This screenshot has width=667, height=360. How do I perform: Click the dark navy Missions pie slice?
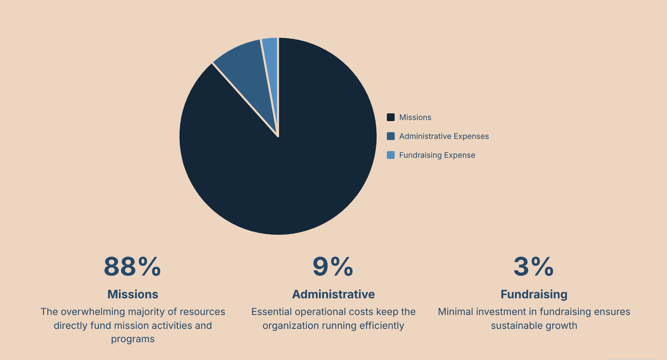coord(295,156)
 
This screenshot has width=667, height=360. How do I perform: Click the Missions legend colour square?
coord(390,117)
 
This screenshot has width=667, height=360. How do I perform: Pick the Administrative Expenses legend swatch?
coord(390,136)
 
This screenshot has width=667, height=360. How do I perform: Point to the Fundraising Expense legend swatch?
coord(390,155)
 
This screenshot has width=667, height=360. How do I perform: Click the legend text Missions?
coord(415,117)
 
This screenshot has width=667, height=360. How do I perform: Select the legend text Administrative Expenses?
coord(444,136)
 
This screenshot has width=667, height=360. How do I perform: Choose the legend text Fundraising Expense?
coord(437,155)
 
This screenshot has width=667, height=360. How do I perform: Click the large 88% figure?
coord(132,267)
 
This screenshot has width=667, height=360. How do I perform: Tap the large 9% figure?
coord(333,267)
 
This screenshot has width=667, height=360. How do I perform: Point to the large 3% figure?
coord(534,267)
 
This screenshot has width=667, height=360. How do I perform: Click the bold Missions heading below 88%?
coord(133,294)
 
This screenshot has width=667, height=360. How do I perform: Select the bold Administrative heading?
coord(333,294)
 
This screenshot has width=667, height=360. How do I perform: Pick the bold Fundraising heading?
coord(534,294)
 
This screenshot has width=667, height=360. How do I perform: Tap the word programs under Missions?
coord(133,339)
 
